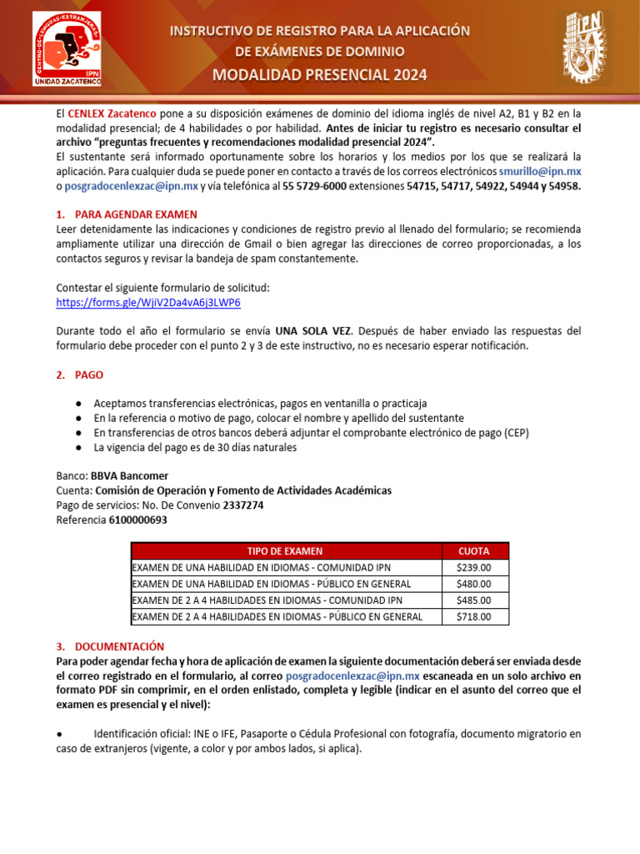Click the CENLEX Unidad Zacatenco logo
click(x=67, y=48)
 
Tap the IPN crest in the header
click(x=583, y=48)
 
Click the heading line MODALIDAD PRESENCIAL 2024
click(x=320, y=75)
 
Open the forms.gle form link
click(x=147, y=302)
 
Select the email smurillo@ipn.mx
click(x=539, y=171)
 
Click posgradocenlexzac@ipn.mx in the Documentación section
click(x=352, y=676)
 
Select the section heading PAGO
click(x=89, y=375)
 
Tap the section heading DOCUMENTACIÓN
click(x=119, y=646)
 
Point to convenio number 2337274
click(x=243, y=505)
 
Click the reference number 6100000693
click(x=137, y=520)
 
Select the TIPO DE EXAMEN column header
click(x=285, y=551)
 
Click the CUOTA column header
click(x=474, y=551)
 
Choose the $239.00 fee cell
click(x=474, y=567)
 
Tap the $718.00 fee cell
click(x=474, y=617)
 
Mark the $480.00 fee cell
click(x=474, y=584)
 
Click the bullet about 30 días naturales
click(x=195, y=448)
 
